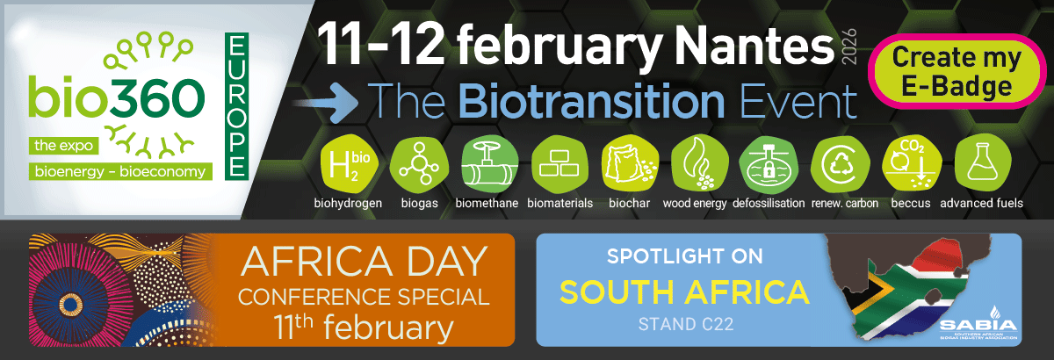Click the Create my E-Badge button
point(956,70)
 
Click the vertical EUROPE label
point(235,105)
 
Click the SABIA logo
point(978,320)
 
